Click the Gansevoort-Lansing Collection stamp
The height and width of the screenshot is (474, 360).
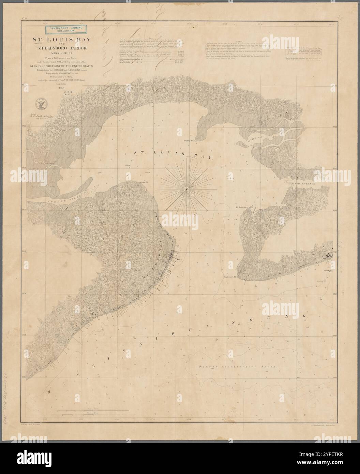pyautogui.click(x=65, y=29)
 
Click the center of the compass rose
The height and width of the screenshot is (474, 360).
pyautogui.click(x=186, y=188)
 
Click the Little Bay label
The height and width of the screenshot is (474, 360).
pyautogui.click(x=253, y=139)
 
